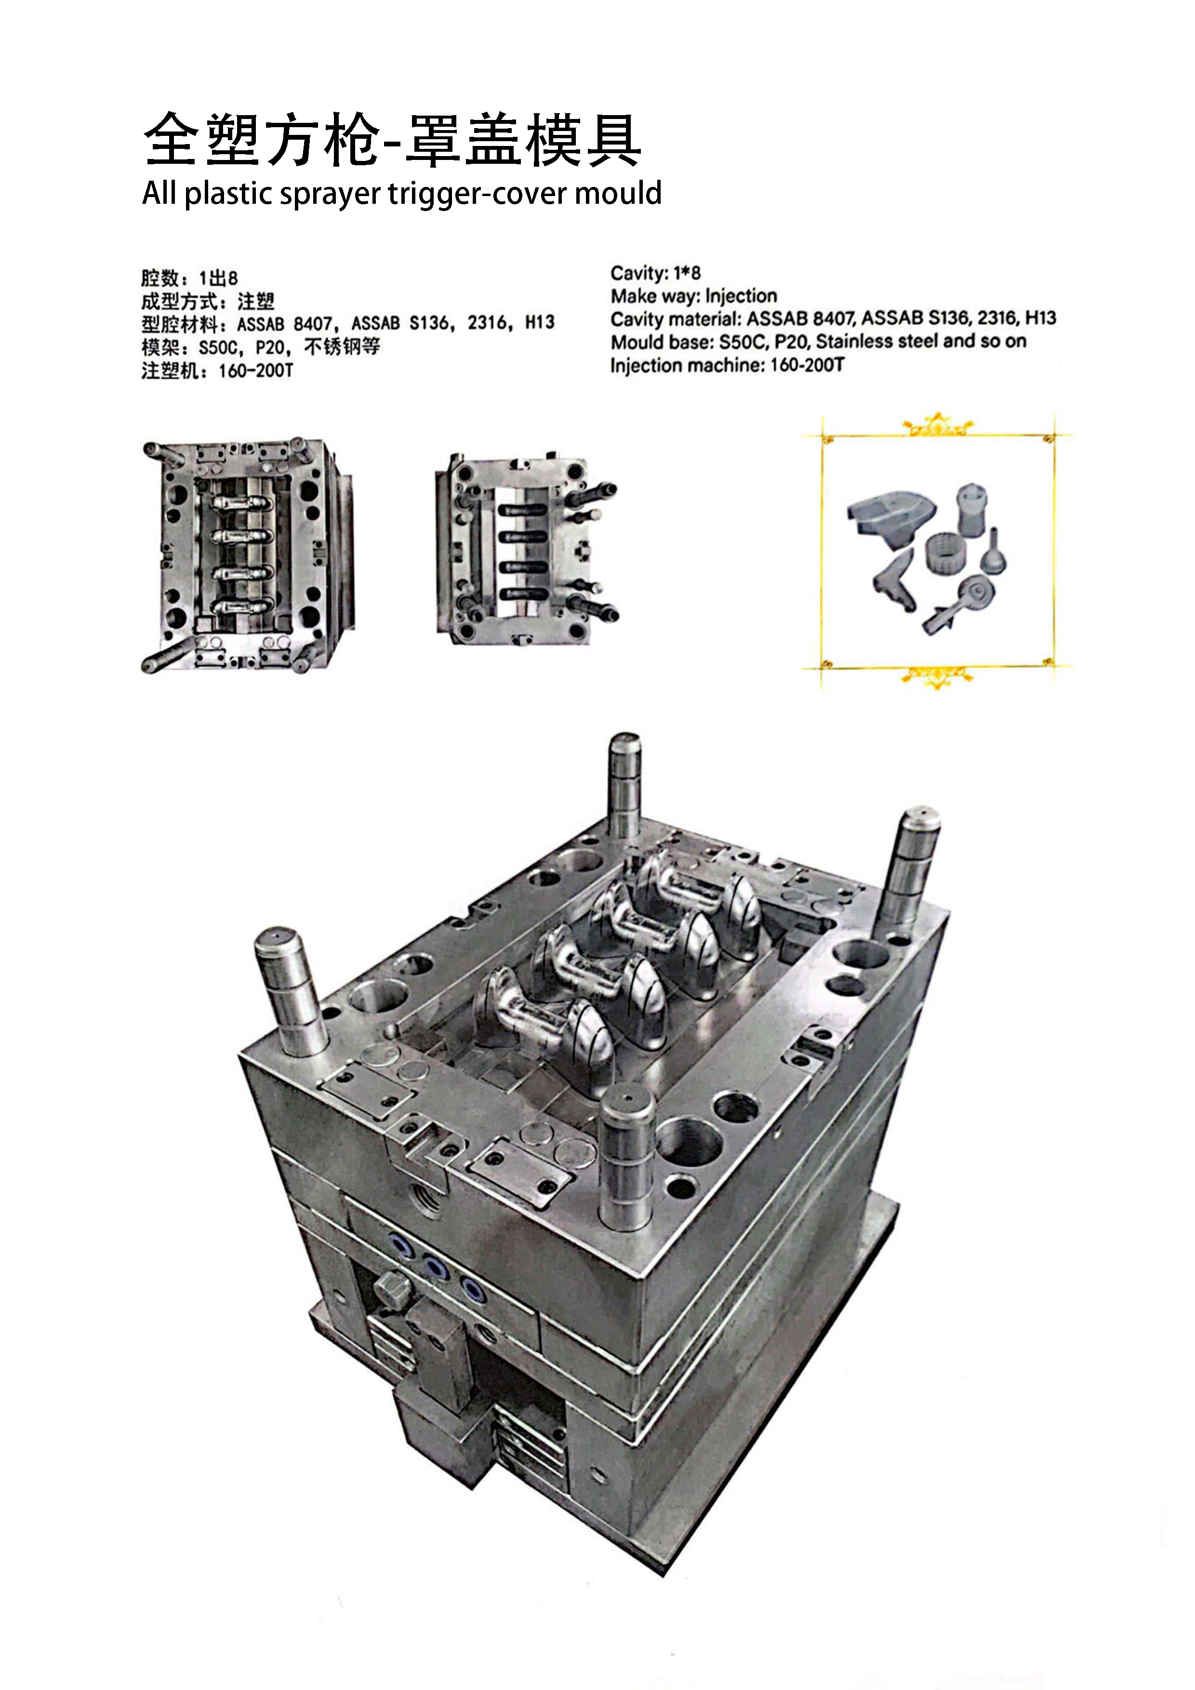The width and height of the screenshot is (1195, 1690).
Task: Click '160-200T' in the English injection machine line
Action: click(x=807, y=365)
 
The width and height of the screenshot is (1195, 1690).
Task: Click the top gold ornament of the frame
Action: click(x=937, y=425)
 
